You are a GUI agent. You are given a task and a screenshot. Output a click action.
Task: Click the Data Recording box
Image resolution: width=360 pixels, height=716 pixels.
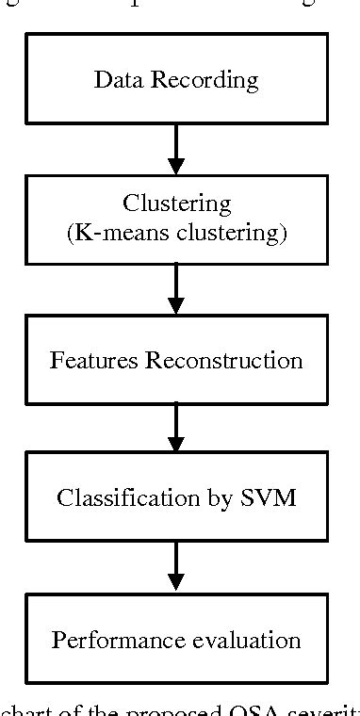(176, 78)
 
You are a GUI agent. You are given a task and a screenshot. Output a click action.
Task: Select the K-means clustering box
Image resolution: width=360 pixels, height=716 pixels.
(176, 219)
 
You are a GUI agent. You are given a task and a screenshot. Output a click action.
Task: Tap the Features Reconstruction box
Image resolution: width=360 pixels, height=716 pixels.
(176, 359)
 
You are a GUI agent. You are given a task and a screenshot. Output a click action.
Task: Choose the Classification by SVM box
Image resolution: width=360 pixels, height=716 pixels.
(176, 497)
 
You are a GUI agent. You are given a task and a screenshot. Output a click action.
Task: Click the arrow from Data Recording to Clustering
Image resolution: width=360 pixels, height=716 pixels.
(176, 149)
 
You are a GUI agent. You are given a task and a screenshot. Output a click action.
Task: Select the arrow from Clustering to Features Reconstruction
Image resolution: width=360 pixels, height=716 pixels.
(176, 289)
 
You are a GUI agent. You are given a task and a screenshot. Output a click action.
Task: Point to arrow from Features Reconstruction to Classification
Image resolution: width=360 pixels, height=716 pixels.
(176, 429)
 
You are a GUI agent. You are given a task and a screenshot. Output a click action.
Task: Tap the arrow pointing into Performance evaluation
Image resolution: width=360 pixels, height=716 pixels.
(176, 568)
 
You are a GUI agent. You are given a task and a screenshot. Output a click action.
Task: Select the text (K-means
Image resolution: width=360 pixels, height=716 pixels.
(111, 232)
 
